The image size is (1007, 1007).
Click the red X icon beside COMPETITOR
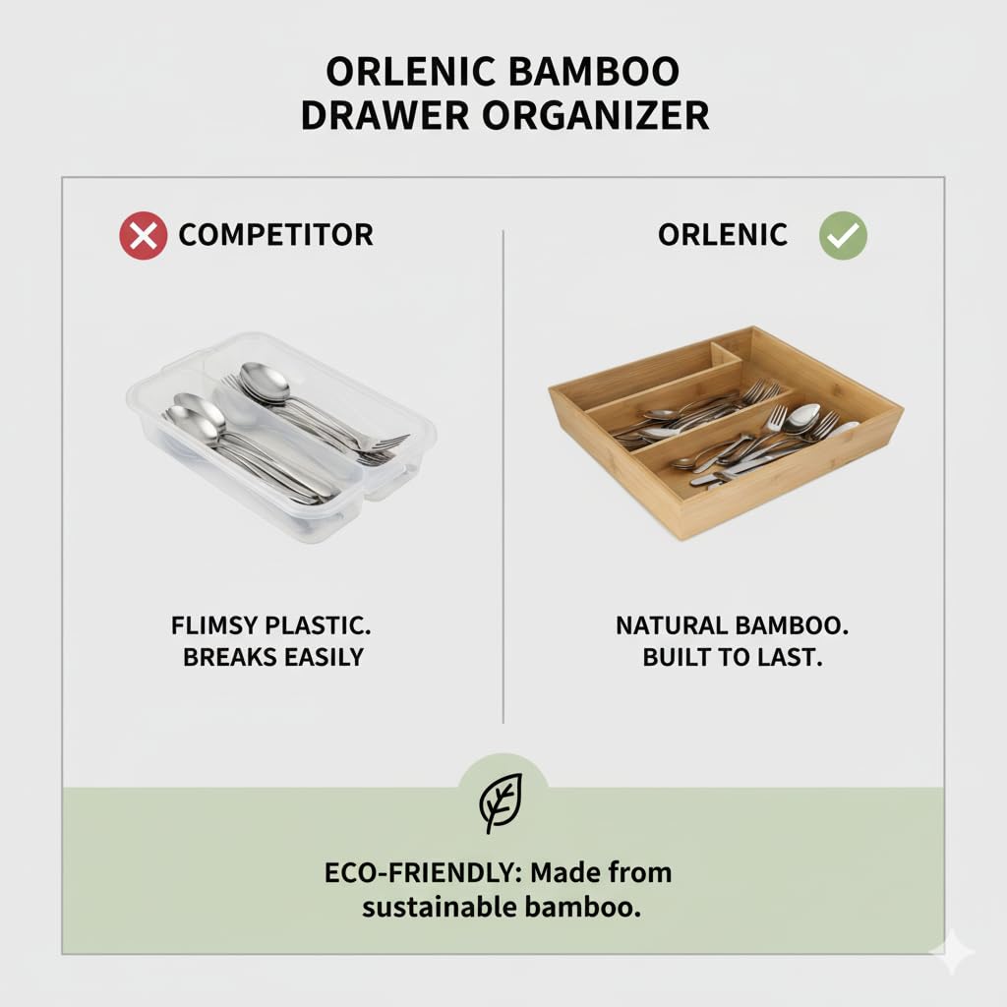coord(143,236)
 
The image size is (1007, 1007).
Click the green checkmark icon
coord(843,235)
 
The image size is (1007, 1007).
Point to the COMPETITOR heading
coord(275,236)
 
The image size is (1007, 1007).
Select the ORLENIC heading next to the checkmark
coord(723,235)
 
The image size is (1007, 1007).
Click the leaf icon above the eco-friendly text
coord(502,803)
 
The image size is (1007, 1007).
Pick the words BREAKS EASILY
coord(273,657)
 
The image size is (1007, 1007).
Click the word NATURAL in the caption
coord(670,625)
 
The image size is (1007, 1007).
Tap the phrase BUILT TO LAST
coord(732,657)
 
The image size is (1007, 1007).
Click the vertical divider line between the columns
coord(503,472)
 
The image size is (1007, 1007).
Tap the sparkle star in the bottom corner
coord(952,952)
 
